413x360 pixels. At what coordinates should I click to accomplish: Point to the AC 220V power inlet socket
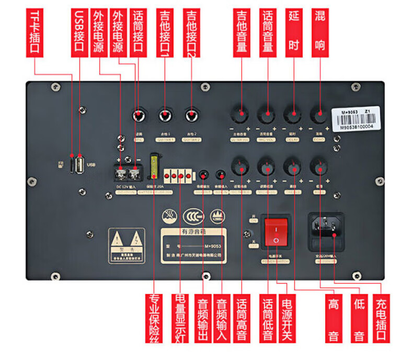pos(328,230)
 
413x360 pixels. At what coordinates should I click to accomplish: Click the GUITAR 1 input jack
pos(165,114)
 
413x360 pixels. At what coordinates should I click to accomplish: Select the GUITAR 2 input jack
pos(190,114)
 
